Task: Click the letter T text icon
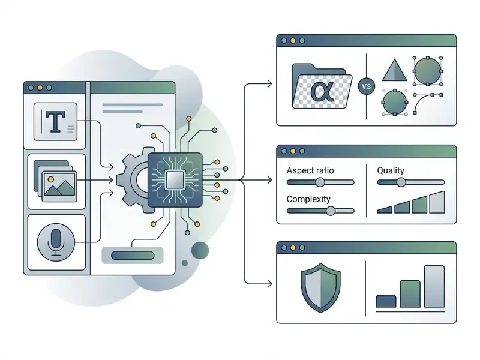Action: [x=55, y=122]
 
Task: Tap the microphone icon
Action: [x=56, y=242]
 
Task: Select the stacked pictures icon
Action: [x=55, y=181]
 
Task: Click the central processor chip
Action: [x=175, y=180]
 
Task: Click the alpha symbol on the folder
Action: [x=322, y=91]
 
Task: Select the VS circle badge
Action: [x=367, y=86]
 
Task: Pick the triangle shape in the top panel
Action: [x=395, y=70]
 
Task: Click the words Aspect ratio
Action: [x=310, y=170]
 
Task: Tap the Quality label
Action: [x=391, y=170]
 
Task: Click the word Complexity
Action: [x=308, y=199]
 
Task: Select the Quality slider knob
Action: [x=401, y=182]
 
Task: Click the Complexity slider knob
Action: [x=331, y=211]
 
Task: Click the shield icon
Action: [x=320, y=287]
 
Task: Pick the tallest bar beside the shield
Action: [x=434, y=286]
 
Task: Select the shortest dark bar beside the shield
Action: [x=386, y=301]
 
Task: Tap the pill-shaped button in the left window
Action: [x=133, y=256]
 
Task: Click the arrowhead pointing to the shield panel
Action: [x=269, y=284]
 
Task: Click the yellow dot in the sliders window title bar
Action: [x=293, y=151]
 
